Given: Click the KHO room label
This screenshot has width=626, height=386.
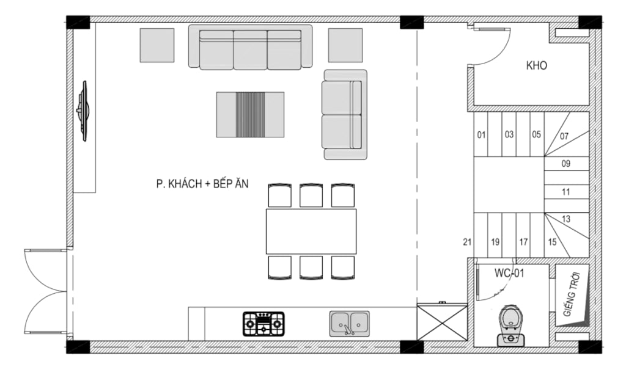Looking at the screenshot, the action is [x=536, y=65].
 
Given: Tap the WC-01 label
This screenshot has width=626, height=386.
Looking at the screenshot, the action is [x=509, y=273].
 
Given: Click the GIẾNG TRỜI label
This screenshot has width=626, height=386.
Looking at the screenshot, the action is [x=572, y=294].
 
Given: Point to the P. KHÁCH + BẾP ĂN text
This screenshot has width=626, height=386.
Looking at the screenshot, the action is [x=202, y=184].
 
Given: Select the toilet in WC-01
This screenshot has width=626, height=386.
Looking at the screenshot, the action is [x=510, y=326].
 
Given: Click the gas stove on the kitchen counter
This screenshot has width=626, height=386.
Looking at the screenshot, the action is [x=263, y=324].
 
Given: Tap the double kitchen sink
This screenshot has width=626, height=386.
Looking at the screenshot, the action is [x=349, y=324].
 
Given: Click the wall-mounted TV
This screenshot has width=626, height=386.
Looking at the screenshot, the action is [x=83, y=111].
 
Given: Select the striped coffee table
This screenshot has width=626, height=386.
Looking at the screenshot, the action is [x=250, y=115].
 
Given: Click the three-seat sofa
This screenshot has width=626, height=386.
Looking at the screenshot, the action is [x=250, y=46].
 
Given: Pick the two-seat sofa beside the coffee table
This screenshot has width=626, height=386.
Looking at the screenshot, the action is [x=345, y=115].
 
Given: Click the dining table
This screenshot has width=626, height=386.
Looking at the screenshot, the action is [x=311, y=231].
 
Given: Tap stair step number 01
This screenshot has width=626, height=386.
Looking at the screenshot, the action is [x=482, y=135].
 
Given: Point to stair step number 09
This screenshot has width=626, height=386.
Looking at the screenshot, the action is [x=565, y=164].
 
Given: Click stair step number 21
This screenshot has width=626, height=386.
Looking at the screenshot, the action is [x=468, y=242].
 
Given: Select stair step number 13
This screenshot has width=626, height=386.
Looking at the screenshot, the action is [x=565, y=219].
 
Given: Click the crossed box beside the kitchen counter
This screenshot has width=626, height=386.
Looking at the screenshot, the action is [x=442, y=322].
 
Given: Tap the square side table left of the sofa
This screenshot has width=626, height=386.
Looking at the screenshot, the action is [x=157, y=45].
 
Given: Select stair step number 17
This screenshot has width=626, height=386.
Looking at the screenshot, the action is [x=523, y=242].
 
